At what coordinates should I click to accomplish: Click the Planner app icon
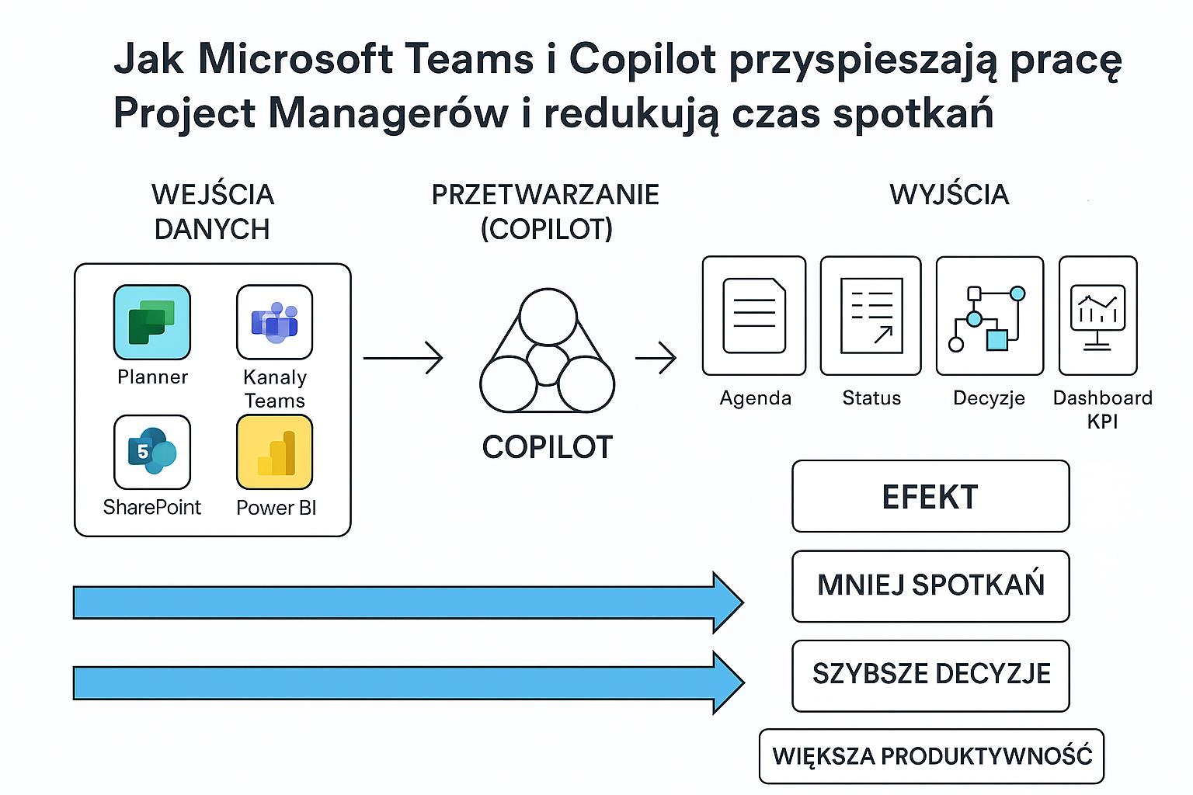pos(152,322)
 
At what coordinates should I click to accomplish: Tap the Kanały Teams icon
pos(275,322)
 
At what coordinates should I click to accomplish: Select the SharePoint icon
pos(152,452)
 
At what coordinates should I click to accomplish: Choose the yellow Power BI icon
pos(275,452)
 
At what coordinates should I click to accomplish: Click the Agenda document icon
pos(754,316)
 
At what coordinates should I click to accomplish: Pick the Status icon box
pos(871,316)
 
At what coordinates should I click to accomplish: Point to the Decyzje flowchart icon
pos(990,316)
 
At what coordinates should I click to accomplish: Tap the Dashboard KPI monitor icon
pos(1097,316)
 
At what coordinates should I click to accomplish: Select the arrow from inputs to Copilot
pos(403,358)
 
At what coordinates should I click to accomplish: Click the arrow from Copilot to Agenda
pos(656,358)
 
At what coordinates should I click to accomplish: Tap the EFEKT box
pos(930,496)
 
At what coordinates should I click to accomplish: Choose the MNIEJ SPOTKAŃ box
pos(930,586)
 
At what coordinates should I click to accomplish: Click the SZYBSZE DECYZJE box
pos(930,675)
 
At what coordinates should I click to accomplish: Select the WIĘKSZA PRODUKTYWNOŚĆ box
pos(931,756)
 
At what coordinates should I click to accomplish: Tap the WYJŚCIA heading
pos(949,194)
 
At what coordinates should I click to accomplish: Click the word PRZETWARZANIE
pos(545,194)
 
